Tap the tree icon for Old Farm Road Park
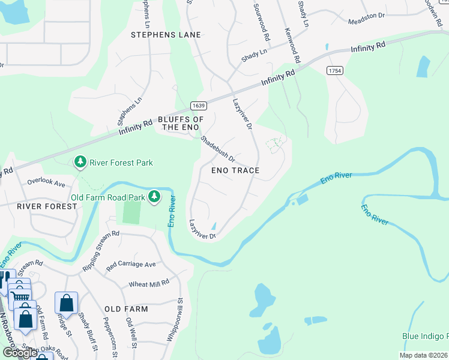click(155, 196)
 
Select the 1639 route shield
click(199, 106)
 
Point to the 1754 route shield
click(335, 71)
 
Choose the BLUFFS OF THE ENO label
click(181, 124)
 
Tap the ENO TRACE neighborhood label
click(235, 170)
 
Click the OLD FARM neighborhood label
click(125, 309)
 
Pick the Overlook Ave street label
click(46, 179)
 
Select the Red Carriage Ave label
click(131, 264)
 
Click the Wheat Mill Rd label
click(149, 283)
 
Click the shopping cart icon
click(21, 296)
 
